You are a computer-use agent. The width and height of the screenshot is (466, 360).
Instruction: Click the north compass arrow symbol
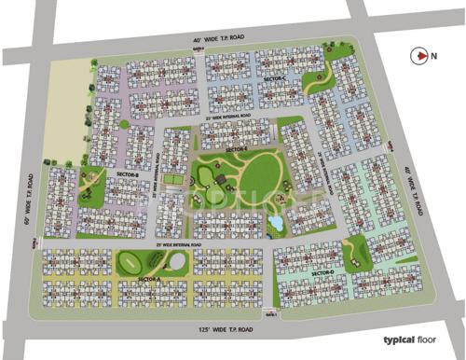(x=418, y=56)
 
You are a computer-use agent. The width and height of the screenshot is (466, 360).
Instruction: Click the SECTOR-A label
(x=149, y=279)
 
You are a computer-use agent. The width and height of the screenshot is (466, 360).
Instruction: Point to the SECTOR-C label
(x=277, y=82)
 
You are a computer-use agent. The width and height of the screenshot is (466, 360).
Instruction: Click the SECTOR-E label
(x=236, y=149)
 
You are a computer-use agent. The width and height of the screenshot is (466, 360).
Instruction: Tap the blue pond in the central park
(x=275, y=224)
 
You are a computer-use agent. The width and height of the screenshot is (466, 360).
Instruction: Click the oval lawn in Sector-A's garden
(x=155, y=263)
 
